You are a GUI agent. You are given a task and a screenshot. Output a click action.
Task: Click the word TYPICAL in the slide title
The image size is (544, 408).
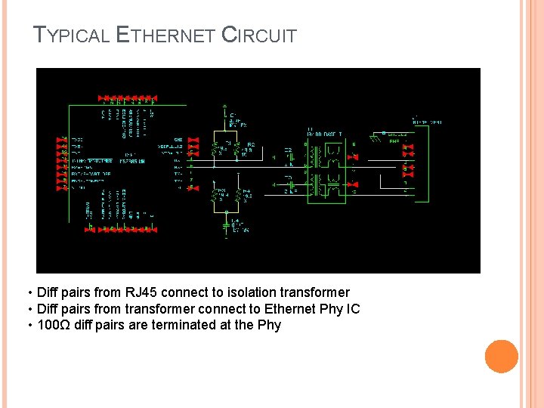click(x=73, y=36)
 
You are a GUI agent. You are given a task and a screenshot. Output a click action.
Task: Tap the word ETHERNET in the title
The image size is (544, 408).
click(x=166, y=36)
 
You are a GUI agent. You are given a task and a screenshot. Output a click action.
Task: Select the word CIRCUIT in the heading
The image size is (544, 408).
click(x=258, y=36)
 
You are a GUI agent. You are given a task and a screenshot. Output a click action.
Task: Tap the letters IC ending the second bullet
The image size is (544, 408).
click(x=353, y=309)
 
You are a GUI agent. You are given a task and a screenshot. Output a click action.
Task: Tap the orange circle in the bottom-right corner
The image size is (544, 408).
click(x=501, y=357)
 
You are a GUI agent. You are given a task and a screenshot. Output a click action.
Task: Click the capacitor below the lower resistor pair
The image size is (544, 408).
click(x=226, y=224)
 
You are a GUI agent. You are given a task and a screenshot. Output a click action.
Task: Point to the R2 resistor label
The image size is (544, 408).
click(x=251, y=144)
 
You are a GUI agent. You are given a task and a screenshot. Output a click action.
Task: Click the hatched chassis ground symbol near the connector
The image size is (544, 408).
click(x=377, y=138)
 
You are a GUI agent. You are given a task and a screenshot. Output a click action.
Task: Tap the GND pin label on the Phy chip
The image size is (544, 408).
click(x=178, y=140)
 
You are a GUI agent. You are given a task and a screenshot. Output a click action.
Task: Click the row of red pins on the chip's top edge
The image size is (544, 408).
click(x=128, y=99)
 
